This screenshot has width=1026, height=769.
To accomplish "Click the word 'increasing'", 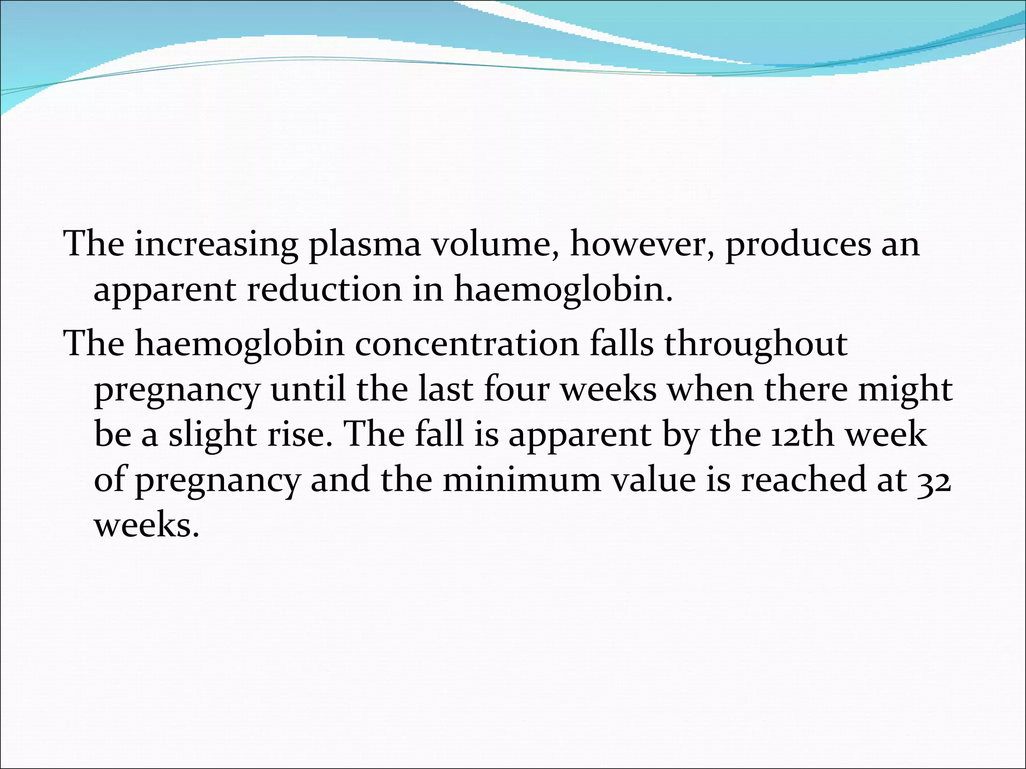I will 216,244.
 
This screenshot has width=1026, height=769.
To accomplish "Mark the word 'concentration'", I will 467,344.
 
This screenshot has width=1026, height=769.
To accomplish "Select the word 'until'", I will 308,390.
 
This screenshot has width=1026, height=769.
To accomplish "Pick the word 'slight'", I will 212,435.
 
